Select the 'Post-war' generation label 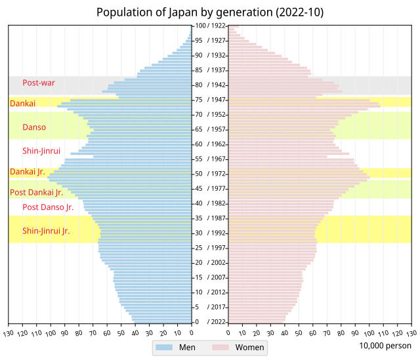(x=39, y=83)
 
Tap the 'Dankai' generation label (x=22, y=103)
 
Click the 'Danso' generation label (x=34, y=127)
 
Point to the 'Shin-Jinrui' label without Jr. (x=41, y=151)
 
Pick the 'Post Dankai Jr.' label (x=36, y=192)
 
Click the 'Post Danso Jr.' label (x=48, y=207)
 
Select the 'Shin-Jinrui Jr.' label (x=46, y=231)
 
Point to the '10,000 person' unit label (x=385, y=346)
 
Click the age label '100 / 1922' (x=209, y=25)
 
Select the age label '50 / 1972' (x=209, y=174)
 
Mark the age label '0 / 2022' (x=209, y=322)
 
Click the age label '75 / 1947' (x=209, y=100)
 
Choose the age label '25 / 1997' (x=209, y=248)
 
